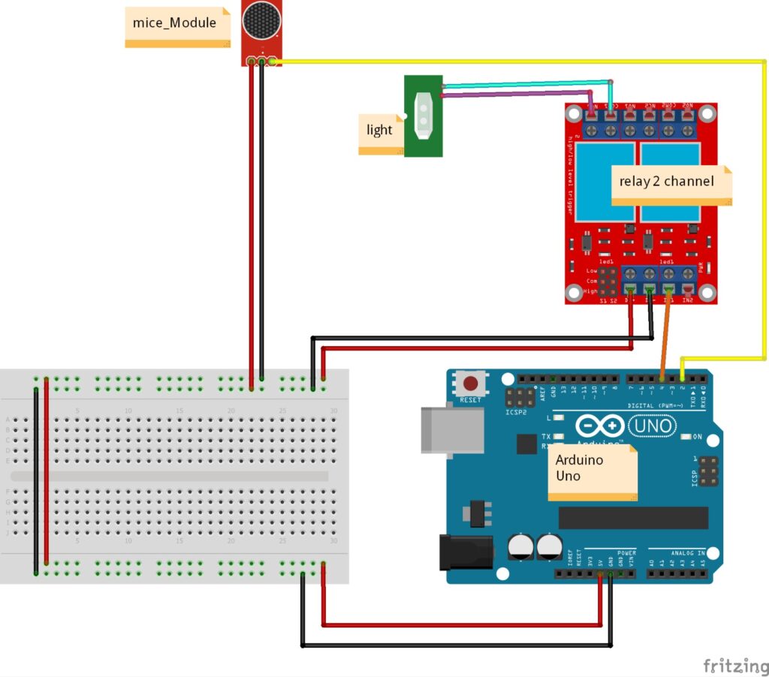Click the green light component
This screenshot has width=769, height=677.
click(x=423, y=116)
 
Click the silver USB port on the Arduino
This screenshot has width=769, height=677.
click(x=451, y=430)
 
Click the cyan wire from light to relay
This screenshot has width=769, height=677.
click(x=526, y=84)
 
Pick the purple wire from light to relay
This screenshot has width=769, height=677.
click(x=518, y=93)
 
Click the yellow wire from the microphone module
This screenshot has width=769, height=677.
click(x=526, y=61)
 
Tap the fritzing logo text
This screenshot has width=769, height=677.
click(x=734, y=665)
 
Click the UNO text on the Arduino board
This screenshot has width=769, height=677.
click(x=656, y=426)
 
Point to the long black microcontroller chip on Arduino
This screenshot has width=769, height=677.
click(x=632, y=517)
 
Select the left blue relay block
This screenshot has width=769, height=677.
click(x=605, y=182)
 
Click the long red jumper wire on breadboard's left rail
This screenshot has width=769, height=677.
click(x=47, y=473)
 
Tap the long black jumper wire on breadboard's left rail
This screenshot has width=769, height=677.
click(x=35, y=480)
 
